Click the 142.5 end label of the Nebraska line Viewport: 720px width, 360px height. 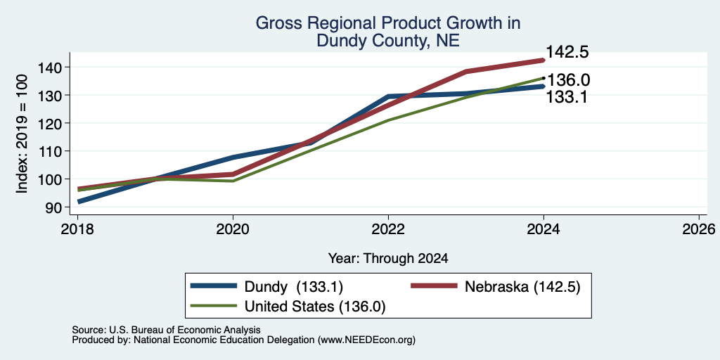coord(567,52)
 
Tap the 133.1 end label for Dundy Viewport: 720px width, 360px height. coord(566,97)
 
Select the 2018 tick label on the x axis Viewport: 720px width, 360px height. coord(77,229)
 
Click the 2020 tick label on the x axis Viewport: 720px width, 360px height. coord(233,229)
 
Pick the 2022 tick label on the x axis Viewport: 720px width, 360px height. coord(388,229)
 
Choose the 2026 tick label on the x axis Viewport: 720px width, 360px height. coord(699,229)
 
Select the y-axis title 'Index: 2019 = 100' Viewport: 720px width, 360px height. coord(22,134)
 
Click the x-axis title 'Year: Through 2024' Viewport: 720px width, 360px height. coord(388,259)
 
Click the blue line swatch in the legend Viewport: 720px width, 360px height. coord(214,286)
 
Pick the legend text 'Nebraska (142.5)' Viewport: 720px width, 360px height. coord(523,287)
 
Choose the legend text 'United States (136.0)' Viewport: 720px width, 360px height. coord(315,307)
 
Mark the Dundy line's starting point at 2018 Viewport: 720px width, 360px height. coord(79,202)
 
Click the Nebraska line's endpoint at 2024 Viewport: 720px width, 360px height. coord(543,60)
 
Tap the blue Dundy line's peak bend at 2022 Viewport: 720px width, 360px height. coord(389,96)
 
